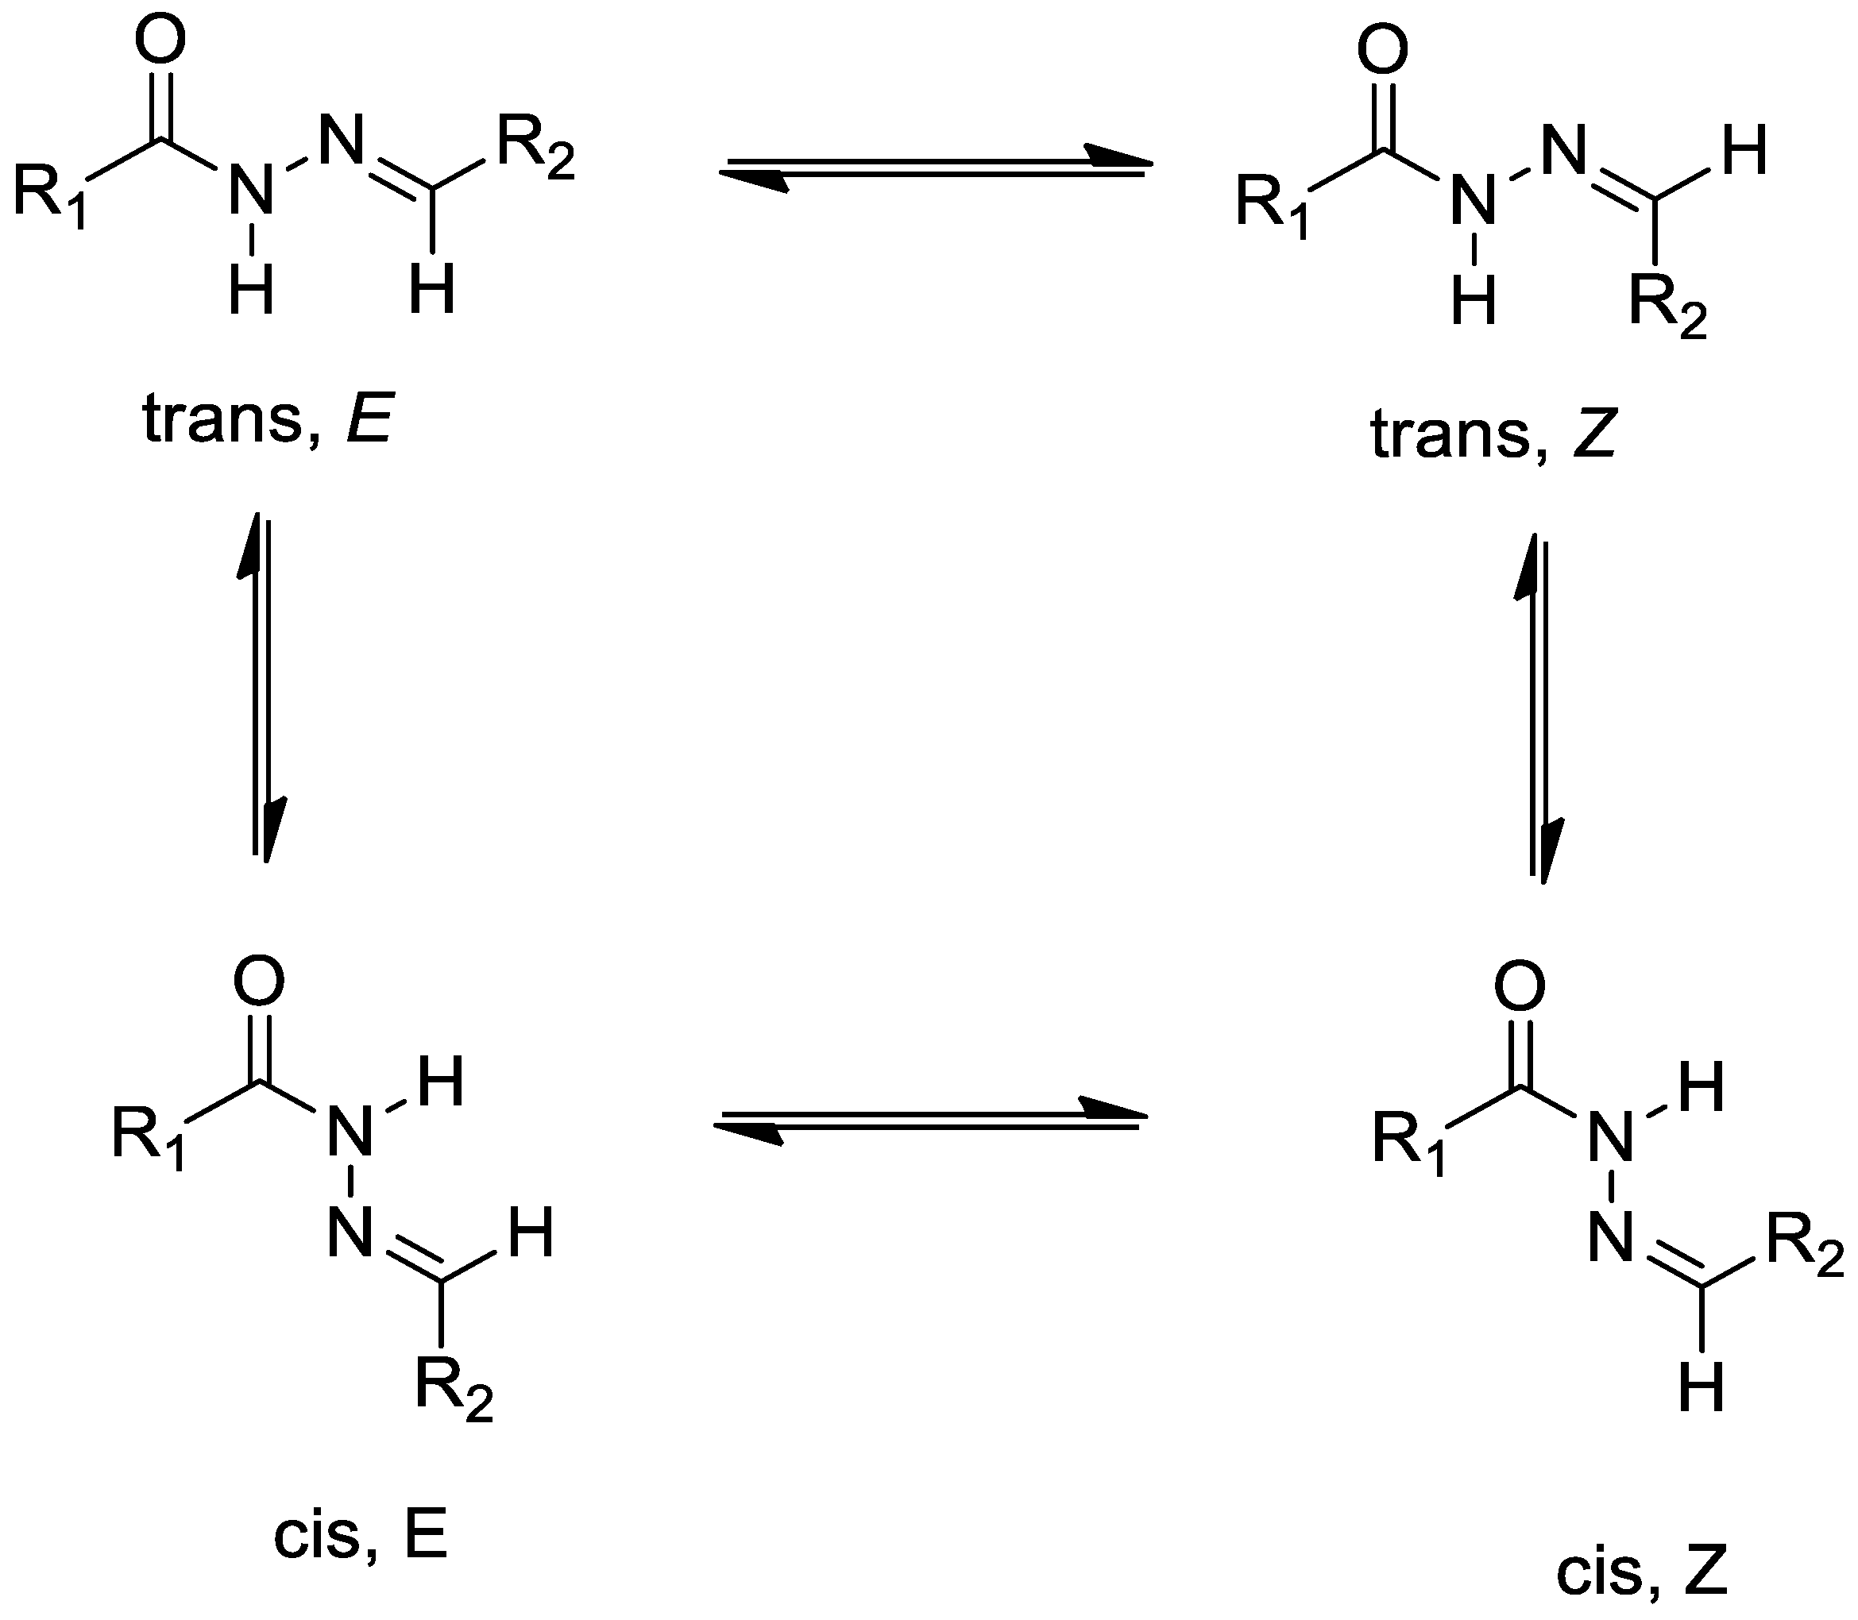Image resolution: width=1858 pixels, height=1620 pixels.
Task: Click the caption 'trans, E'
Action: [x=268, y=419]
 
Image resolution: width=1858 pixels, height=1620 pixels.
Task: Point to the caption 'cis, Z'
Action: [x=1641, y=1574]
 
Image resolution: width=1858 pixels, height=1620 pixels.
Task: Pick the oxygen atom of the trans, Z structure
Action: [x=1382, y=51]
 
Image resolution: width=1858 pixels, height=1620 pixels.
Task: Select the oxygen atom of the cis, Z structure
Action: [x=1520, y=988]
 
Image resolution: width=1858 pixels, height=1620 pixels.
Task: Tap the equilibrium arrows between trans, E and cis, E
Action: [x=261, y=687]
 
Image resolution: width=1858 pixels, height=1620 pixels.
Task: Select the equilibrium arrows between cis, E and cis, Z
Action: [x=930, y=1121]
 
